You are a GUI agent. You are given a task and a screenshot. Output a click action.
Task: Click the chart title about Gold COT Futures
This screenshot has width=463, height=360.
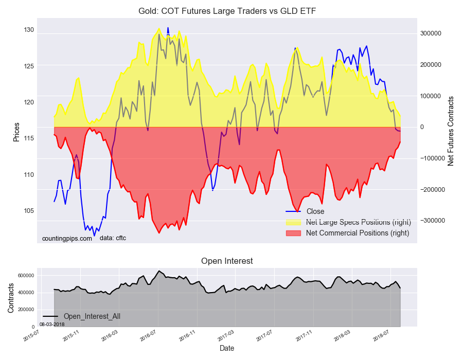(x=231, y=11)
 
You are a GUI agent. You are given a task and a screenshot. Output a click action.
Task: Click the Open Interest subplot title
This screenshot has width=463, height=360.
(x=227, y=261)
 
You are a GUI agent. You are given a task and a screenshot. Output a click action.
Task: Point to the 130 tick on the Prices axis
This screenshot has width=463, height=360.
(x=28, y=30)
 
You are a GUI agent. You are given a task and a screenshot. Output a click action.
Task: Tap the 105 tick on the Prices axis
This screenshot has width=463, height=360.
(x=28, y=211)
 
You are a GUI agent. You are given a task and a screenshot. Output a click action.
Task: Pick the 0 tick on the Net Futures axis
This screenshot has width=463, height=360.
(x=422, y=127)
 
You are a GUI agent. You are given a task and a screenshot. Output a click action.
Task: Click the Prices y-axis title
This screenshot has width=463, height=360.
(x=16, y=132)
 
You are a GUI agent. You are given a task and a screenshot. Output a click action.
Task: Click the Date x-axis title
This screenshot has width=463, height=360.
(x=227, y=348)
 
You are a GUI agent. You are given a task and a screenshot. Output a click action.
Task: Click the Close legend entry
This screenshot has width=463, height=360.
(x=315, y=211)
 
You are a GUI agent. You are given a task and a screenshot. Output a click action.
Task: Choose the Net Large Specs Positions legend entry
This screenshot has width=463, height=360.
(x=358, y=222)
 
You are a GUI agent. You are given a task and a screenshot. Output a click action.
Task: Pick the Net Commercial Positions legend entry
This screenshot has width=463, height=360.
(x=357, y=233)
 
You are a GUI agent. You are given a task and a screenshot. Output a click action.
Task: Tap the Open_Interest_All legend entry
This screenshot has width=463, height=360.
(x=92, y=316)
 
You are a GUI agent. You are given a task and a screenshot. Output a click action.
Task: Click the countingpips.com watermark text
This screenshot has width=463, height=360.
(x=67, y=238)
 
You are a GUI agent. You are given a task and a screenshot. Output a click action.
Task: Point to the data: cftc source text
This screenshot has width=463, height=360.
(x=113, y=238)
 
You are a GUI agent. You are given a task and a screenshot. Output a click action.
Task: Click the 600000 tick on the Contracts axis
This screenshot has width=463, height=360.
(x=26, y=276)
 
